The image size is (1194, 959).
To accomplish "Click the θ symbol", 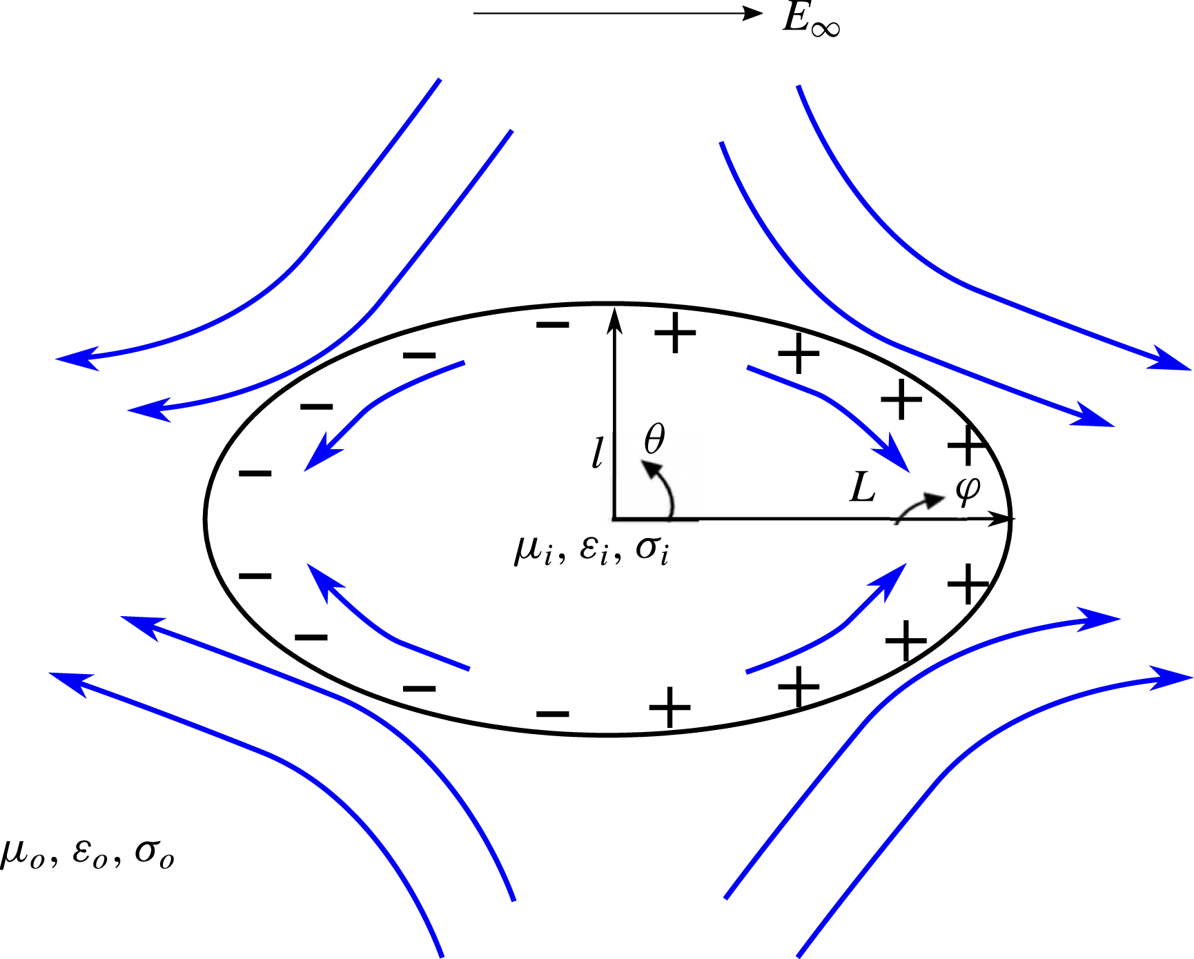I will [654, 439].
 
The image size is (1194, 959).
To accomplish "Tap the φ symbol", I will [968, 489].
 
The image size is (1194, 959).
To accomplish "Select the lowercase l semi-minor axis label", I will [598, 453].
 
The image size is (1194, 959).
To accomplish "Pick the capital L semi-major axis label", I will [863, 488].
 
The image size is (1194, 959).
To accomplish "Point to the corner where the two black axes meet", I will [614, 518].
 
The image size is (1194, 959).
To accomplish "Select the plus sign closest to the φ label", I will [968, 445].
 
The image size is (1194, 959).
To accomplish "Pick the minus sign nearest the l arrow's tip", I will [553, 324].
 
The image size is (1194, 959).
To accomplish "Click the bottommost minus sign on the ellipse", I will [553, 713].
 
